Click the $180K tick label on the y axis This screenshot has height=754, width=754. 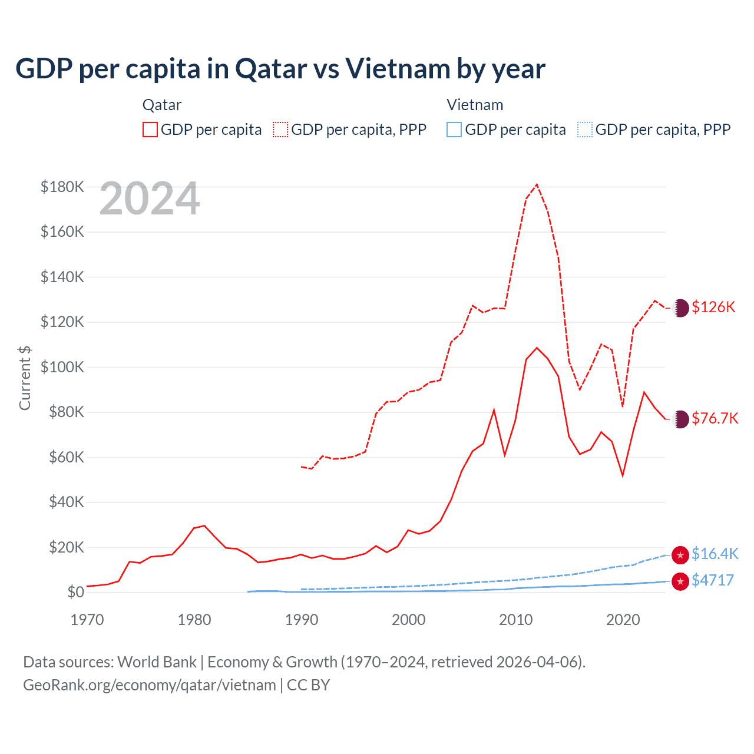[x=62, y=187]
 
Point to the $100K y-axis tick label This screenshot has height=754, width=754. [x=62, y=368]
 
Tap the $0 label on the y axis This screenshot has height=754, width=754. [x=75, y=593]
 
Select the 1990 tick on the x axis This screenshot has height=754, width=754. [x=302, y=620]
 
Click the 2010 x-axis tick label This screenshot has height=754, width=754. [x=516, y=620]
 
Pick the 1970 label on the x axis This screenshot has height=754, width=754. [x=87, y=620]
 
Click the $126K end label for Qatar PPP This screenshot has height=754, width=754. [x=713, y=307]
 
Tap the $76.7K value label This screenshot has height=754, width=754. [x=715, y=419]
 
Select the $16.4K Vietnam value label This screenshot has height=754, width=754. [x=715, y=554]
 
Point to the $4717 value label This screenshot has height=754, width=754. [x=713, y=581]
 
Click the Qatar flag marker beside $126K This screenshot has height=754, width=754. [x=680, y=307]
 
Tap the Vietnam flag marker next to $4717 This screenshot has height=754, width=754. [x=680, y=581]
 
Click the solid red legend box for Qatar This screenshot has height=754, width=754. [x=150, y=130]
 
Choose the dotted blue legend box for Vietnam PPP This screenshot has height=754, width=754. [x=585, y=130]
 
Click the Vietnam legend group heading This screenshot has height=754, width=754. [x=475, y=105]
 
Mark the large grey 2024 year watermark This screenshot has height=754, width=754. [x=150, y=199]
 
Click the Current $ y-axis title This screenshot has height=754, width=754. [x=25, y=378]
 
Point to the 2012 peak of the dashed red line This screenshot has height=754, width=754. [x=537, y=185]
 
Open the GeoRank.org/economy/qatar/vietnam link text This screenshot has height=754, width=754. [x=150, y=685]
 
